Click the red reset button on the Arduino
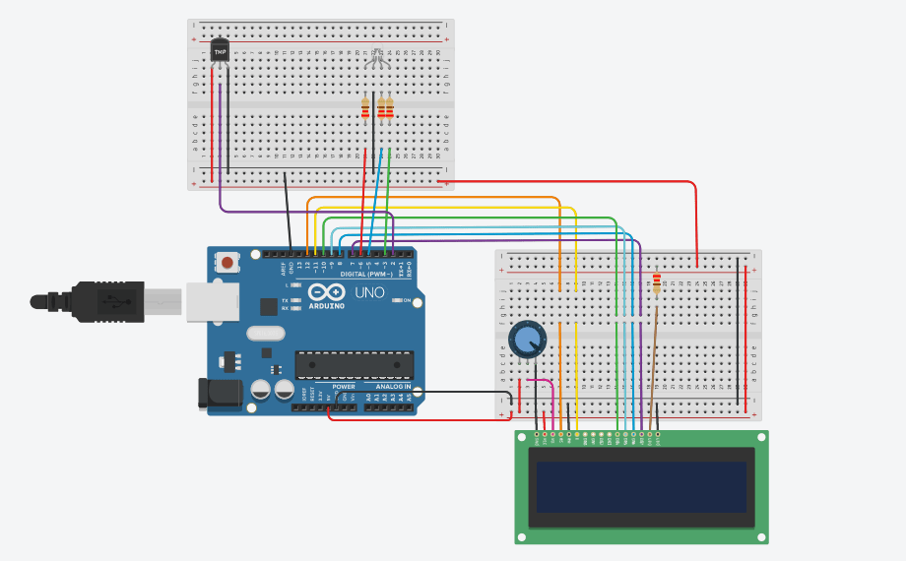point(228,263)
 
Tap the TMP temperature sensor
point(220,48)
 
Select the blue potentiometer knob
point(527,341)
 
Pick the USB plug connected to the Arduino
point(108,301)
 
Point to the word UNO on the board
point(369,292)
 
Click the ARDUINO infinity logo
point(326,293)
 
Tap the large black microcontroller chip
point(354,364)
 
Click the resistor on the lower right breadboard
point(657,284)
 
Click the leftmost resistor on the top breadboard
point(366,108)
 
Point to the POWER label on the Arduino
point(344,387)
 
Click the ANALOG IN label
point(391,387)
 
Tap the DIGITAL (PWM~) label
point(365,274)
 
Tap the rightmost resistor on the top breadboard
point(389,108)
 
